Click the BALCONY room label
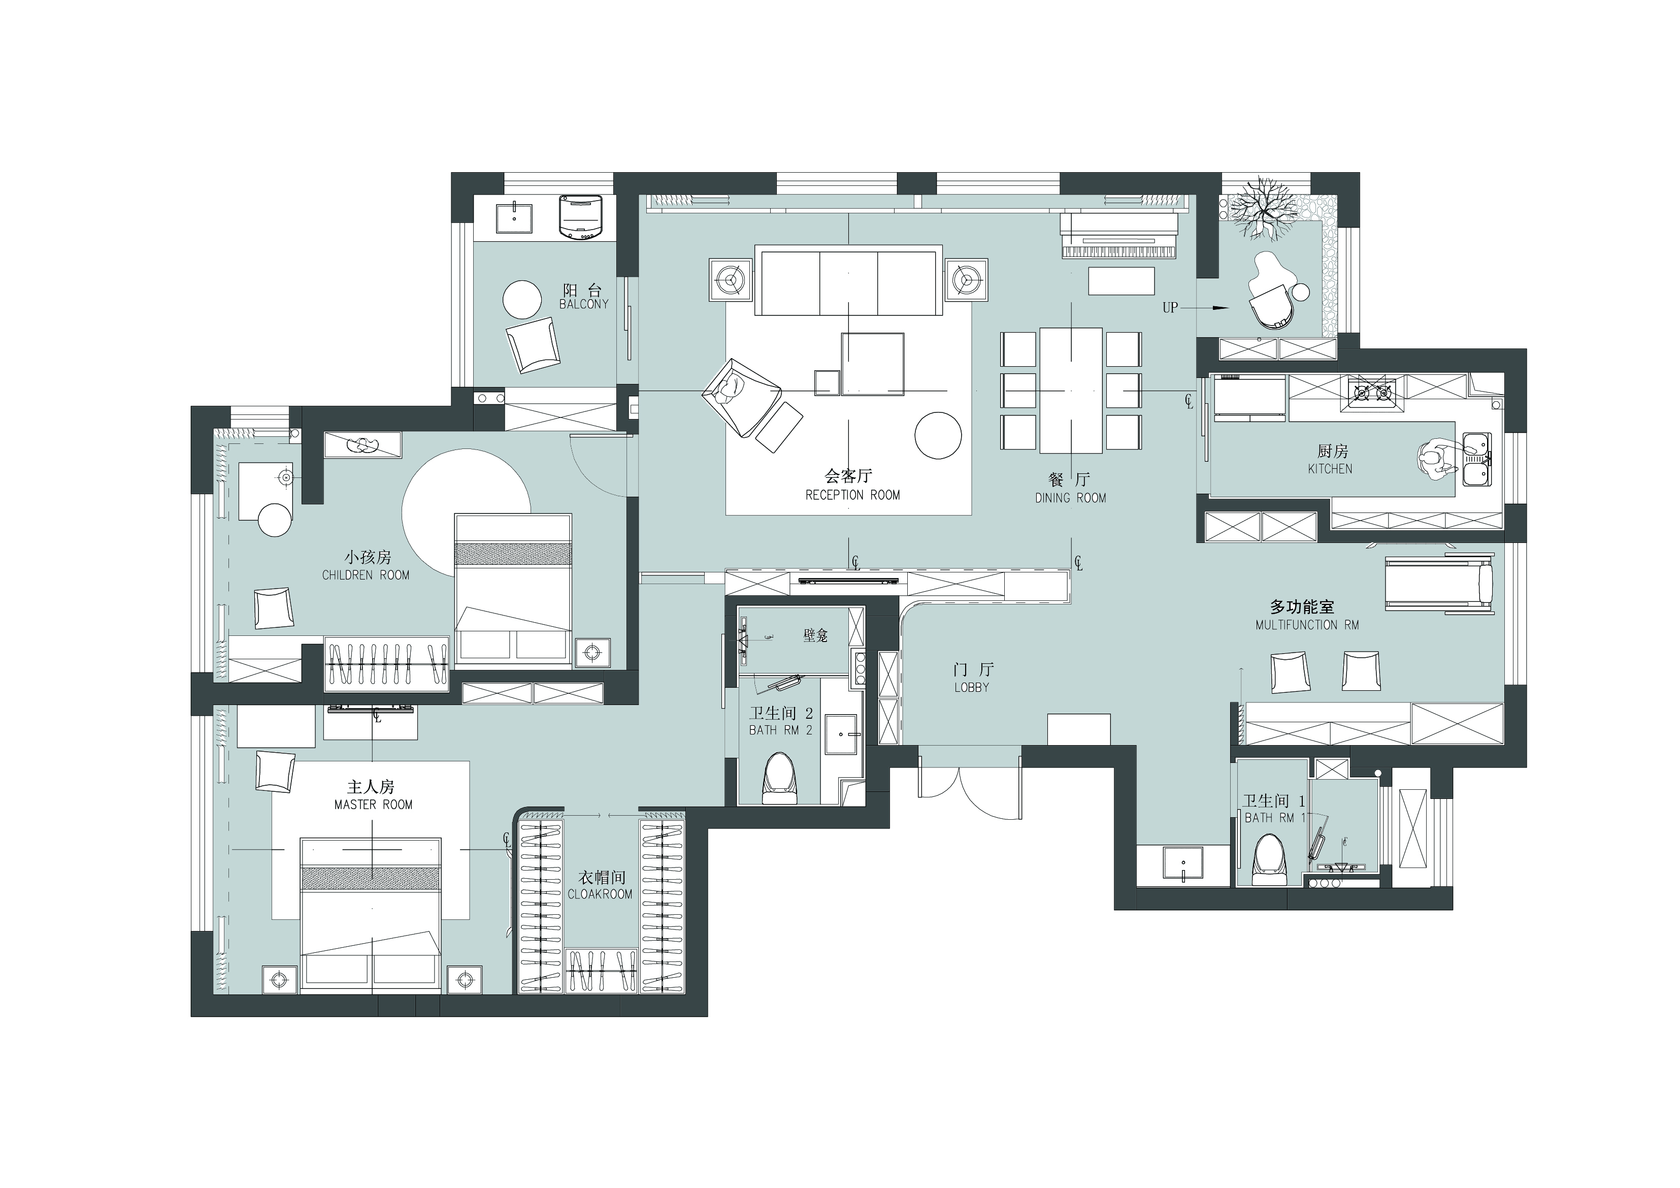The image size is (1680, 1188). [583, 304]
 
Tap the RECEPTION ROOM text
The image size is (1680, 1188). [852, 495]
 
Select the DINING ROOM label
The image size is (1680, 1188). [1070, 498]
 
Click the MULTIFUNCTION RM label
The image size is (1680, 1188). [1307, 625]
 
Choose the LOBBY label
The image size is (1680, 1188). [972, 687]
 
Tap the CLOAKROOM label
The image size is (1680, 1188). [600, 894]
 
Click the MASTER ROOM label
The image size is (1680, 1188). [373, 805]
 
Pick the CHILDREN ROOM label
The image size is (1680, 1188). [366, 575]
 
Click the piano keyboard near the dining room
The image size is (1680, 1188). [1119, 251]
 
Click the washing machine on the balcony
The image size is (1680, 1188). [580, 216]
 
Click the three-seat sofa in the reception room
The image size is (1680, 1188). [847, 280]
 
